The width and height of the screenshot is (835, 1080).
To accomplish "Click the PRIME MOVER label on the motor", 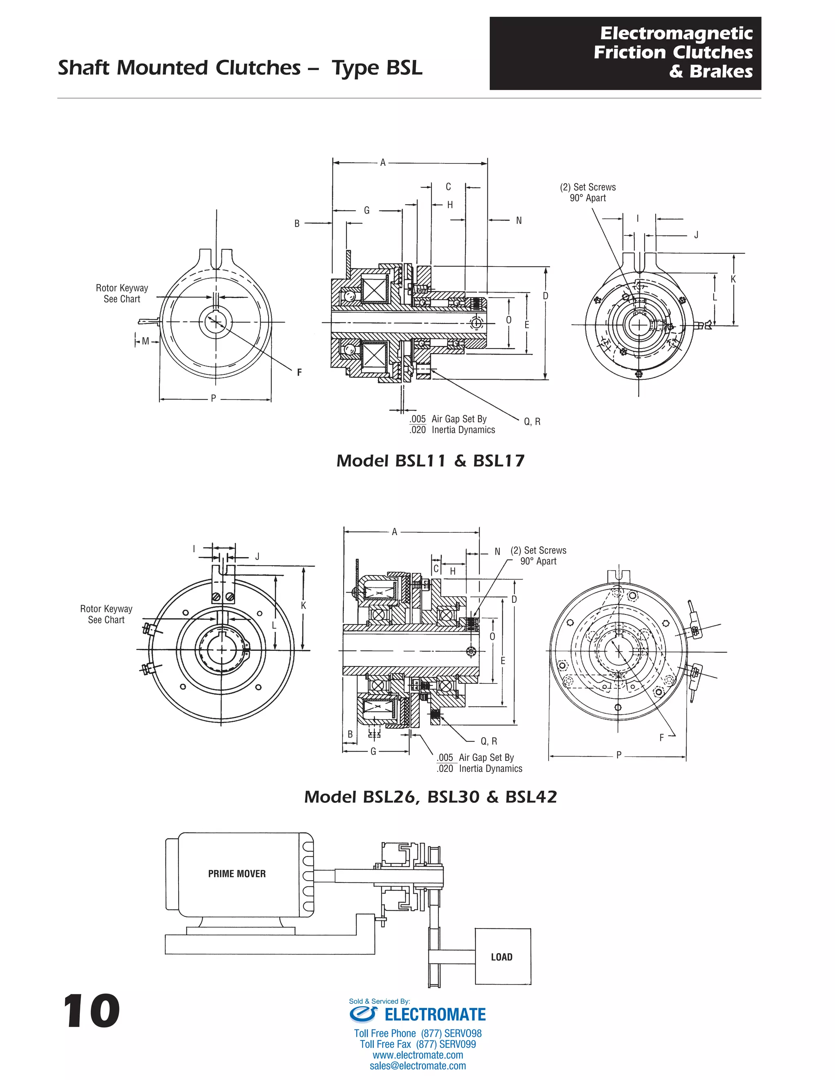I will tap(236, 874).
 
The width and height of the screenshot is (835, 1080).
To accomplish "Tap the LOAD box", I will tap(502, 957).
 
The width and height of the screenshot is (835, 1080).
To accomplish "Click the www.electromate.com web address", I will tap(417, 1055).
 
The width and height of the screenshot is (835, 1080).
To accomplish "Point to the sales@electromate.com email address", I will tap(417, 1066).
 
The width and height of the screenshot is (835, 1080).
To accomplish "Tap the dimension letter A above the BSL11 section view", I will tap(382, 163).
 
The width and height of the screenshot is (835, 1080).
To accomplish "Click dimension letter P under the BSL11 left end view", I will tap(213, 398).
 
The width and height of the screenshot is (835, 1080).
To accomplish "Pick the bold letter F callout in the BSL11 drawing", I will tap(299, 372).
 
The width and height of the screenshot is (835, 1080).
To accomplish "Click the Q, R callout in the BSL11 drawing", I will tap(532, 422).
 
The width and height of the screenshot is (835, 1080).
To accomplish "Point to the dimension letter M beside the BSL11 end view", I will tap(146, 341).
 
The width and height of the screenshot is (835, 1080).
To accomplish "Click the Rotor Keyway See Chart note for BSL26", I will tap(106, 614).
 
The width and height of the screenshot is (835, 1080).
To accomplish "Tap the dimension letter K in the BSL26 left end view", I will tap(303, 606).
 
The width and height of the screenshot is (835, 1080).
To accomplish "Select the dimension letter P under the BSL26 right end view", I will tap(619, 755).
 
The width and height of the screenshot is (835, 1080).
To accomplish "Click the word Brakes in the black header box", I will tap(721, 72).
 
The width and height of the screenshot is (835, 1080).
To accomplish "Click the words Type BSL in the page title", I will tap(377, 68).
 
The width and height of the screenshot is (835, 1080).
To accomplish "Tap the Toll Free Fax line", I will tap(417, 1045).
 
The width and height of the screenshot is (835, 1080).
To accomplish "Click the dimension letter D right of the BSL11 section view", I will tap(546, 296).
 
